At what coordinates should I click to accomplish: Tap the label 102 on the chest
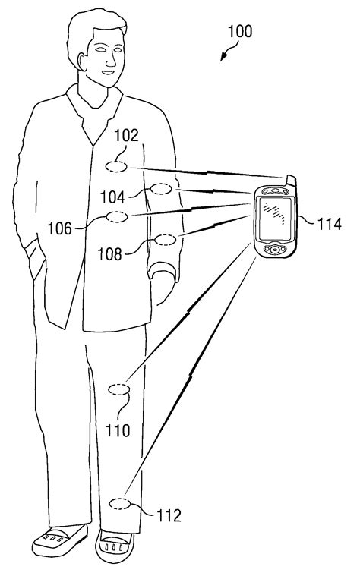point(126,137)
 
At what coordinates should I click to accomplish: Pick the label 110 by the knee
point(118,431)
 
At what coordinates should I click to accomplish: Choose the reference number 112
point(168,516)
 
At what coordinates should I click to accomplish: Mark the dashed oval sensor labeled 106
point(117,217)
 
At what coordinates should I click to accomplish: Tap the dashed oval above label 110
point(120,390)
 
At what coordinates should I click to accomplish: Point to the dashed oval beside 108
point(166,241)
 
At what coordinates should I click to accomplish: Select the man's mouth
point(108,74)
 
